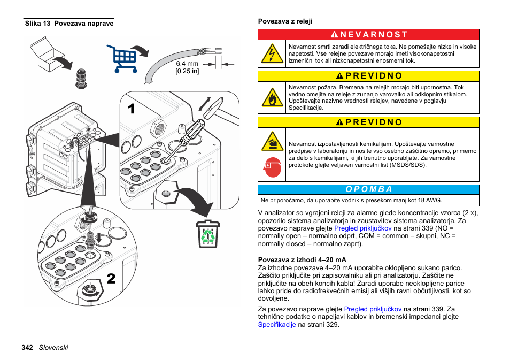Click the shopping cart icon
click(x=122, y=58)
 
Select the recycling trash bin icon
click(x=208, y=234)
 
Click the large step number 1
click(x=132, y=109)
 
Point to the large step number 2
click(x=111, y=278)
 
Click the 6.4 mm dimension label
click(x=187, y=67)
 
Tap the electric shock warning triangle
click(x=273, y=54)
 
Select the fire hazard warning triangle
click(x=273, y=97)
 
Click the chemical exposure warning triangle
click(x=273, y=142)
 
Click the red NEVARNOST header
click(x=369, y=34)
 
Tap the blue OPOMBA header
click(x=369, y=189)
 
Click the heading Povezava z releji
click(x=285, y=21)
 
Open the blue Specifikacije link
click(x=277, y=324)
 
